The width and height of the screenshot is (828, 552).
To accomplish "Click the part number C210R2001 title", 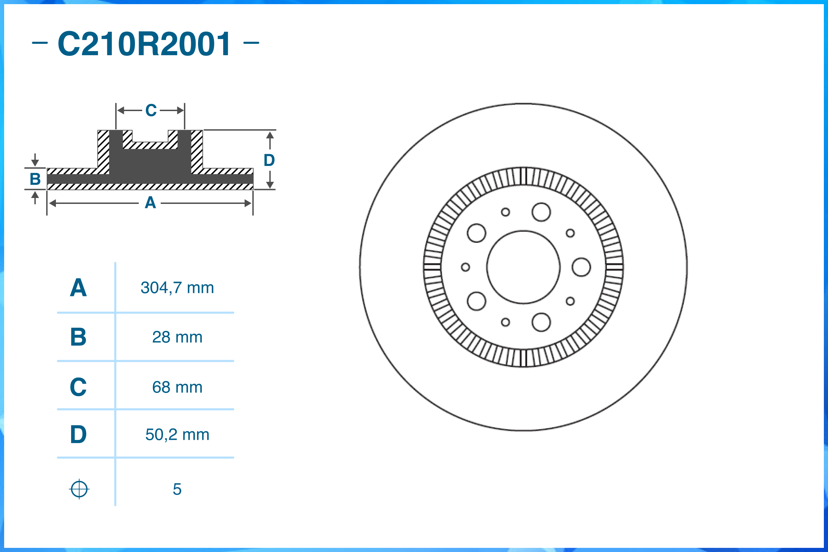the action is pyautogui.click(x=144, y=44).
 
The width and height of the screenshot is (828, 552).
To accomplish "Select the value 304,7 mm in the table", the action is pyautogui.click(x=177, y=288).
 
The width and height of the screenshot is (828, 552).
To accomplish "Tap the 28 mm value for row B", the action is pyautogui.click(x=177, y=337).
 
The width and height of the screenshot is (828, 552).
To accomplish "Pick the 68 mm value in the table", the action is pyautogui.click(x=177, y=387).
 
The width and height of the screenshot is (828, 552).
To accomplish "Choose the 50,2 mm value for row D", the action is pyautogui.click(x=177, y=435).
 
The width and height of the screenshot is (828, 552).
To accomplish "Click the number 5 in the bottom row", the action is pyautogui.click(x=177, y=489).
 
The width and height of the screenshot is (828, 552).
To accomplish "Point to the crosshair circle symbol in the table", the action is pyautogui.click(x=79, y=489).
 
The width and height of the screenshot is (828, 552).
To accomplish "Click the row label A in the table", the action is pyautogui.click(x=78, y=288).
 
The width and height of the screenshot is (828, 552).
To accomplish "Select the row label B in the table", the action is pyautogui.click(x=78, y=337).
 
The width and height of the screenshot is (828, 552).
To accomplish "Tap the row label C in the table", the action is pyautogui.click(x=78, y=387).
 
